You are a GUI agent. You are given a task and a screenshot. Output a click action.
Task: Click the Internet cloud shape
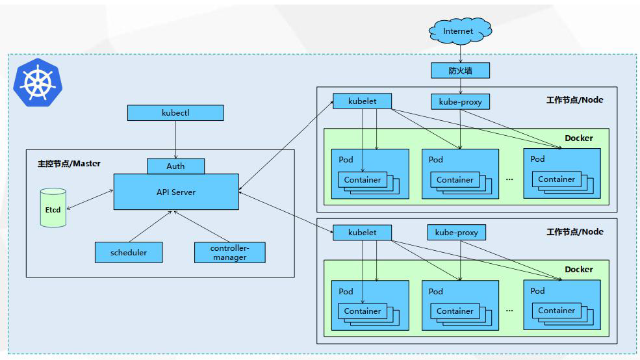(x=460, y=31)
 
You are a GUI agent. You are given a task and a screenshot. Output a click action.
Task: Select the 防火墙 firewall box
(x=461, y=71)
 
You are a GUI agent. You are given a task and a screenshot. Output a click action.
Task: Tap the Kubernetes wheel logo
(x=38, y=83)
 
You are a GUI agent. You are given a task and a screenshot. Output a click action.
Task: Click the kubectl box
(x=175, y=112)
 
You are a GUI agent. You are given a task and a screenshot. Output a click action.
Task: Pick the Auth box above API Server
(x=175, y=166)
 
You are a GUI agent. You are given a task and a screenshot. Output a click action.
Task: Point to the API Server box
(x=176, y=192)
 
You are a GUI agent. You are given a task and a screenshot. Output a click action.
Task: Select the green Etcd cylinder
(x=53, y=208)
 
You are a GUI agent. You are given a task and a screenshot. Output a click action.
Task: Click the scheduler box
(x=129, y=252)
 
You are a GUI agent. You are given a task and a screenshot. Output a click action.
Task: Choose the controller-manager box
(x=230, y=252)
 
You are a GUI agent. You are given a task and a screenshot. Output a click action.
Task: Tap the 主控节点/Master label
(x=69, y=164)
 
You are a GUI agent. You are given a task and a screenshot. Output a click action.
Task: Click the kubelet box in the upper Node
(x=362, y=101)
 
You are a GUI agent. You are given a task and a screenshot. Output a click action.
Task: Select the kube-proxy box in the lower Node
(x=456, y=232)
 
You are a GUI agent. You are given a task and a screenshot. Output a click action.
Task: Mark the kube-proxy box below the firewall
(x=461, y=101)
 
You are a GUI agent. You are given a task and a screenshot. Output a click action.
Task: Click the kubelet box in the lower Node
(x=362, y=232)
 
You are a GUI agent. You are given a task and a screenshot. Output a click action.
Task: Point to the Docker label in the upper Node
(x=579, y=138)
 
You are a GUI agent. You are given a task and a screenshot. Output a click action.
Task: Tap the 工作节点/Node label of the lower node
(x=574, y=232)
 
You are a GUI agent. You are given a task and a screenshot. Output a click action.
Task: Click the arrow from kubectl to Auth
(x=176, y=140)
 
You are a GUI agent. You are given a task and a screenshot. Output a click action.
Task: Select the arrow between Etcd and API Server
(x=90, y=199)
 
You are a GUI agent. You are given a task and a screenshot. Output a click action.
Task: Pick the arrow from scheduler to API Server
(x=150, y=227)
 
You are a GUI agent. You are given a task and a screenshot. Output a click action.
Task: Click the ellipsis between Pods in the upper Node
(x=509, y=179)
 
